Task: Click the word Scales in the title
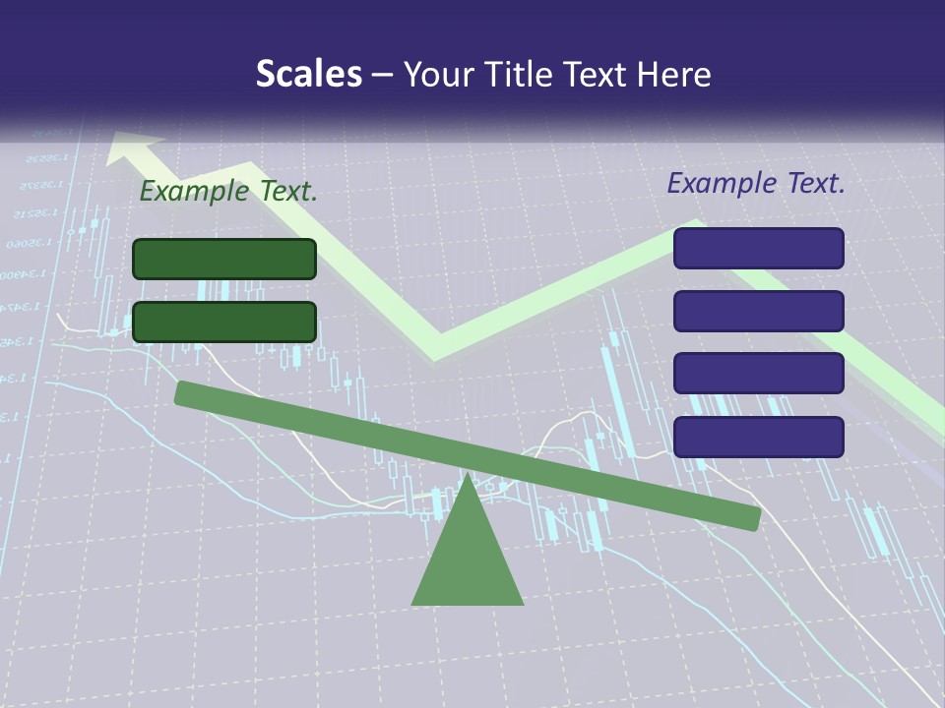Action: pyautogui.click(x=309, y=74)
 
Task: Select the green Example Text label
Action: pyautogui.click(x=228, y=192)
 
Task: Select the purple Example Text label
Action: pyautogui.click(x=756, y=183)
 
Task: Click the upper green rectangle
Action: pyautogui.click(x=224, y=259)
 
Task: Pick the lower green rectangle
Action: pyautogui.click(x=224, y=322)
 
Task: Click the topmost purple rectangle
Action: pyautogui.click(x=758, y=248)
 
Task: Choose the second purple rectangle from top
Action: pyautogui.click(x=758, y=311)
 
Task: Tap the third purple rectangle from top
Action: pyautogui.click(x=758, y=373)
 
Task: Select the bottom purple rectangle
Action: pyautogui.click(x=758, y=437)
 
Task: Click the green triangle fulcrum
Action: pyautogui.click(x=468, y=560)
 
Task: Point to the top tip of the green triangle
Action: pyautogui.click(x=468, y=477)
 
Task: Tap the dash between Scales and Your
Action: pyautogui.click(x=383, y=75)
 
